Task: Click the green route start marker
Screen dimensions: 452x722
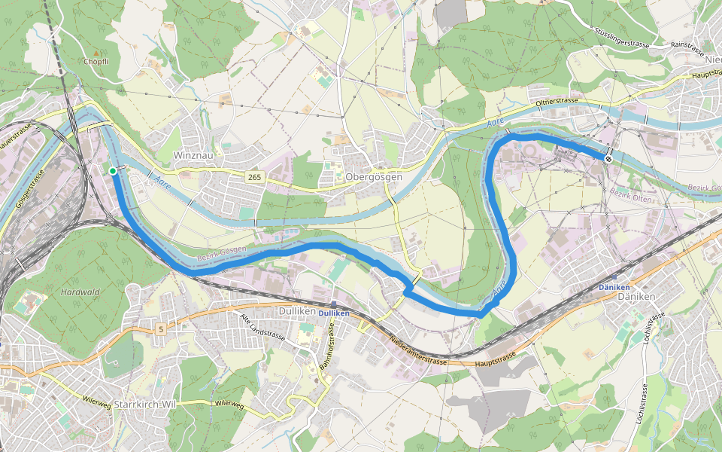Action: click(112, 171)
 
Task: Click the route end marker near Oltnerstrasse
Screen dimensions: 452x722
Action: click(608, 159)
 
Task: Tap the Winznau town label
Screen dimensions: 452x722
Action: click(189, 154)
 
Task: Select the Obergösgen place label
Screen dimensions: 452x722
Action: click(375, 176)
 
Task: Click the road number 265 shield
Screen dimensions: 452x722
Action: click(255, 176)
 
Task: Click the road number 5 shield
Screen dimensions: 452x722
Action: click(161, 328)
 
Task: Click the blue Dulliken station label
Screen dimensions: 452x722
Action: click(335, 313)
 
